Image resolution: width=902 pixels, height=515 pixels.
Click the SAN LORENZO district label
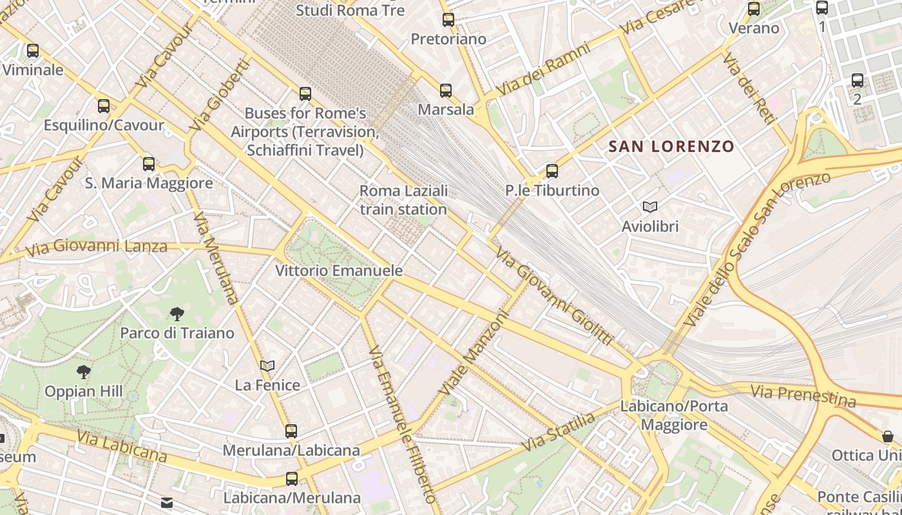pyautogui.click(x=671, y=146)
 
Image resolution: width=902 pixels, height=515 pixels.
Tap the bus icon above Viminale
pyautogui.click(x=33, y=50)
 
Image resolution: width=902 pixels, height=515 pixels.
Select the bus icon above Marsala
pyautogui.click(x=446, y=91)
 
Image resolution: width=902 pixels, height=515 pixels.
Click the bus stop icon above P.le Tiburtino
pyautogui.click(x=552, y=171)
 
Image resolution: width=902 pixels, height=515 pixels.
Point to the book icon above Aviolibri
pyautogui.click(x=650, y=207)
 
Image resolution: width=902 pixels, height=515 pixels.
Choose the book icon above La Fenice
pyautogui.click(x=267, y=366)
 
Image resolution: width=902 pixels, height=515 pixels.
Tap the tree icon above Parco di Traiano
pyautogui.click(x=177, y=314)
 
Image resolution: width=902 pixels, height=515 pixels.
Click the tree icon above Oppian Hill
pyautogui.click(x=84, y=371)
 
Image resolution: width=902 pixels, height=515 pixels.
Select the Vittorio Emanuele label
pyautogui.click(x=339, y=270)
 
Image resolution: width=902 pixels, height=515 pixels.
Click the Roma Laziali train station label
pyautogui.click(x=403, y=200)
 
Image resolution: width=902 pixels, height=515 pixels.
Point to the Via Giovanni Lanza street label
pyautogui.click(x=97, y=247)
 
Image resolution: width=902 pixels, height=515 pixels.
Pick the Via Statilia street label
pyautogui.click(x=559, y=432)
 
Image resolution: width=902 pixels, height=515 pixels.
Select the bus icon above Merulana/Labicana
pyautogui.click(x=291, y=431)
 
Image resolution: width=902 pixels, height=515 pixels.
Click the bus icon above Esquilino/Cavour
pyautogui.click(x=104, y=106)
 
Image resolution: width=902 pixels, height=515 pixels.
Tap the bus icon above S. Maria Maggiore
pyautogui.click(x=149, y=164)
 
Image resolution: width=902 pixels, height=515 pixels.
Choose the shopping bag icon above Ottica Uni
pyautogui.click(x=888, y=436)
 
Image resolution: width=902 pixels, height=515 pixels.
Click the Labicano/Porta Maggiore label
pyautogui.click(x=674, y=416)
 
